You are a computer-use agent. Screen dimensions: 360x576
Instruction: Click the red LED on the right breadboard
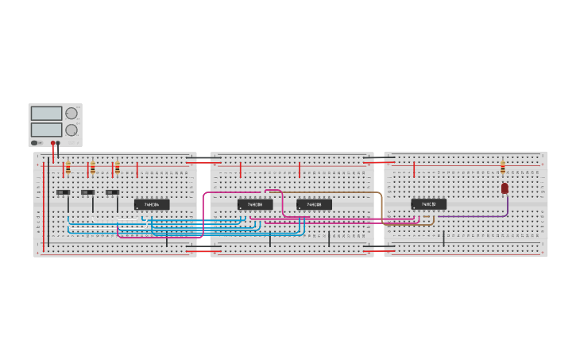pos(504,188)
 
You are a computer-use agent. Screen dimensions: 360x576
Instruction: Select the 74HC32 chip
pos(428,204)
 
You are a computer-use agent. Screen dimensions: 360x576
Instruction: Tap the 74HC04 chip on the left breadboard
pos(152,204)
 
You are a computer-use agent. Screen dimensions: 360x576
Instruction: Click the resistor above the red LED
pos(502,168)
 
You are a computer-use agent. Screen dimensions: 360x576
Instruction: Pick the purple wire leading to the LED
pos(477,216)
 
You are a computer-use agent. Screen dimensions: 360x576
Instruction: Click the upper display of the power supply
pos(46,113)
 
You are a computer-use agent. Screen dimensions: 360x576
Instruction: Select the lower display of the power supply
pos(46,130)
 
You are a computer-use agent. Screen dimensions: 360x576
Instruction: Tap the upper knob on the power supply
pos(72,113)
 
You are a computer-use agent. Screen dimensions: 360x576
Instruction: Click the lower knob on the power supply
pos(72,130)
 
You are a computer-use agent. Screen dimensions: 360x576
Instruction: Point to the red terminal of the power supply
pos(53,143)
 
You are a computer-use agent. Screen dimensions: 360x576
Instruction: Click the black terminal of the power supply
pos(58,143)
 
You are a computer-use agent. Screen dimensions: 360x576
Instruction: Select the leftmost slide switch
pos(63,192)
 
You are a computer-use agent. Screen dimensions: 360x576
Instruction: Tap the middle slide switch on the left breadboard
pos(87,192)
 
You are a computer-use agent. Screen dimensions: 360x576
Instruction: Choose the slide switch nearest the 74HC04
pos(112,192)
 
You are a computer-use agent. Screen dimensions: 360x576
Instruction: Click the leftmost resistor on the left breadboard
pos(68,168)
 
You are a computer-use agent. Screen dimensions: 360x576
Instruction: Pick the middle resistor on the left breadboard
pos(92,168)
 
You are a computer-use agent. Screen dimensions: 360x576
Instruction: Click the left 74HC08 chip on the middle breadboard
pos(255,204)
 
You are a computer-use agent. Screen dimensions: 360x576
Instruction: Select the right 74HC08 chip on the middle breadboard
pos(314,204)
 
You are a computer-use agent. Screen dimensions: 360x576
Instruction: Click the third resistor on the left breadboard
pos(117,168)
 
